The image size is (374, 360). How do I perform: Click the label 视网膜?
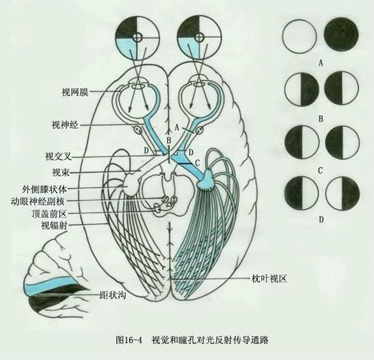coord(74,92)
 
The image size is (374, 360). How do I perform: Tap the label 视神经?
coord(65,125)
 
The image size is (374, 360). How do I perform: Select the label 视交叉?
coord(58,156)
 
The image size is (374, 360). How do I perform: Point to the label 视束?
coord(61,173)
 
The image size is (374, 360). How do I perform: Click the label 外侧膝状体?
coord(44,189)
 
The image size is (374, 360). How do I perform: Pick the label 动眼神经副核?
coord(38,202)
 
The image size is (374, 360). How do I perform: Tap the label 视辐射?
coord(54,226)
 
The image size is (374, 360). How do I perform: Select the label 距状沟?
coord(112,295)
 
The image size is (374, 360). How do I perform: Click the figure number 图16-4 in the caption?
coord(128,340)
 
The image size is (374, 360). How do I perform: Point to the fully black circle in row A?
coord(341,34)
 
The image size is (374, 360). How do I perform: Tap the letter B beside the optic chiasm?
coord(169,140)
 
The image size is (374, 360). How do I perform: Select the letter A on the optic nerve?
coord(176,128)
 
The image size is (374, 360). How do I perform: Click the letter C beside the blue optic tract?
coord(197,162)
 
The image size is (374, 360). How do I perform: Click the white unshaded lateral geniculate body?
coord(132,183)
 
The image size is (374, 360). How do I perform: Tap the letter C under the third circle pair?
coord(320,170)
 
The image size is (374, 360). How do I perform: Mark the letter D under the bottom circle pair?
coord(321,219)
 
